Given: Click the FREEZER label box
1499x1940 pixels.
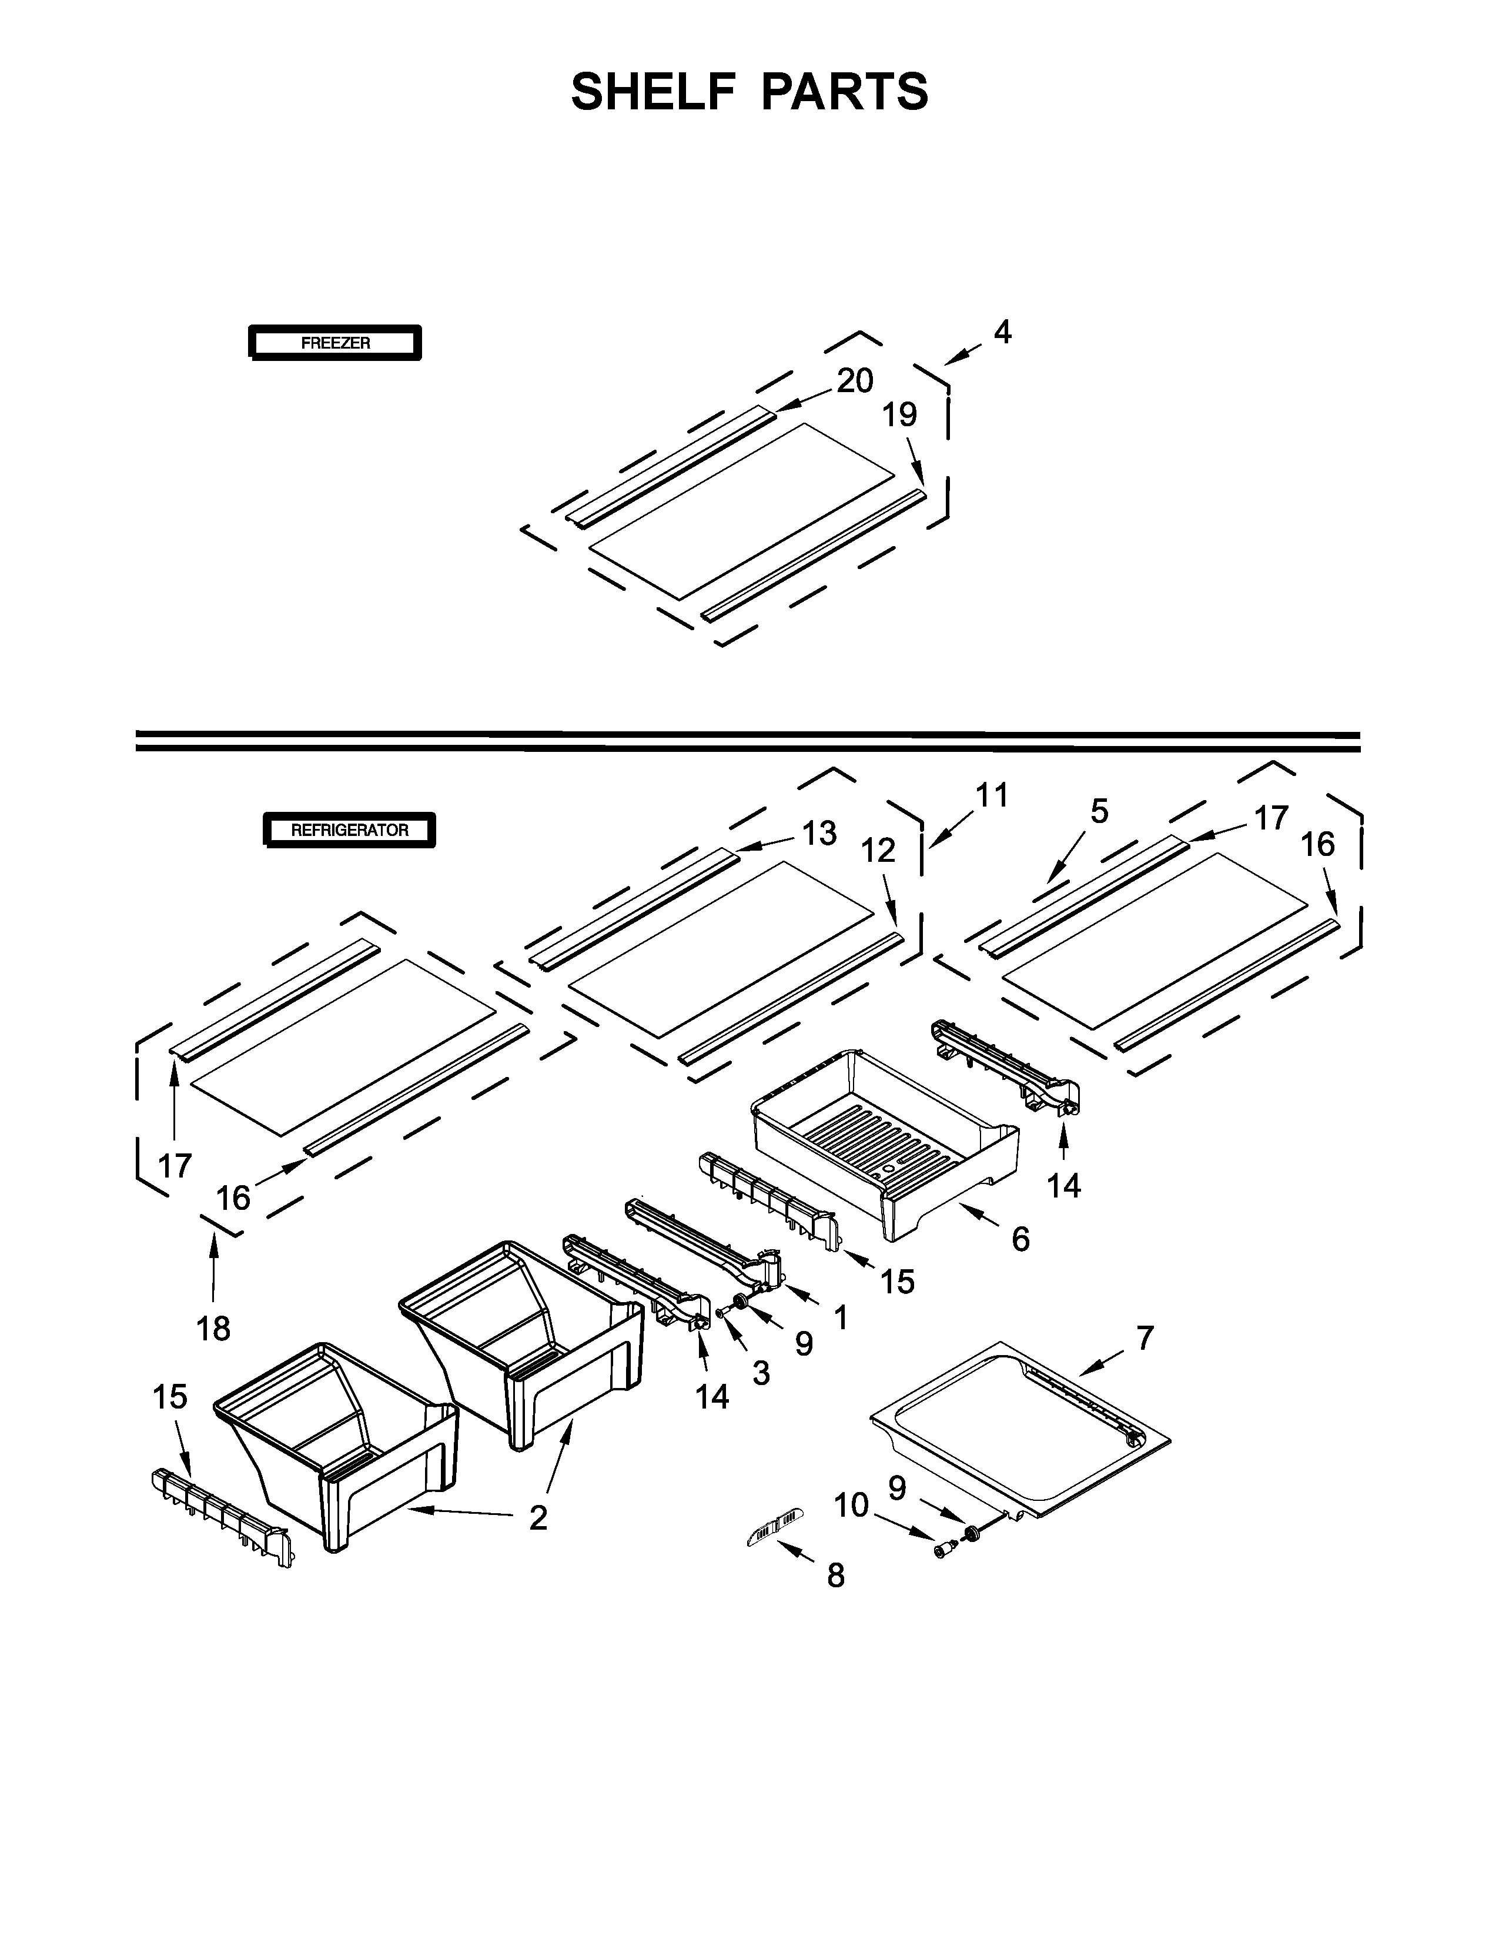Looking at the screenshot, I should (x=335, y=343).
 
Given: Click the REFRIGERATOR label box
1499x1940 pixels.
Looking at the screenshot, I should (x=350, y=831).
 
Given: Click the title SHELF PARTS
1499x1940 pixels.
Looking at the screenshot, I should (x=749, y=92).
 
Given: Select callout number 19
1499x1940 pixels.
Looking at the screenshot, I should (x=899, y=415).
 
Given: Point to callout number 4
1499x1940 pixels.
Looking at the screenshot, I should (x=1002, y=333).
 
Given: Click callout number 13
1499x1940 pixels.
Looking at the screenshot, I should (x=819, y=833).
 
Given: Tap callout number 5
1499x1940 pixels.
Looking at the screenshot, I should (x=1099, y=811).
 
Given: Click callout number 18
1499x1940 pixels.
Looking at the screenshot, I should (x=214, y=1328).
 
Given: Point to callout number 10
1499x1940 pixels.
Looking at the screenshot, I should (x=850, y=1506).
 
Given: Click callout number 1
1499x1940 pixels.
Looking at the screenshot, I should (x=840, y=1317).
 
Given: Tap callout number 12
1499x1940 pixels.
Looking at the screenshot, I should (x=878, y=851).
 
